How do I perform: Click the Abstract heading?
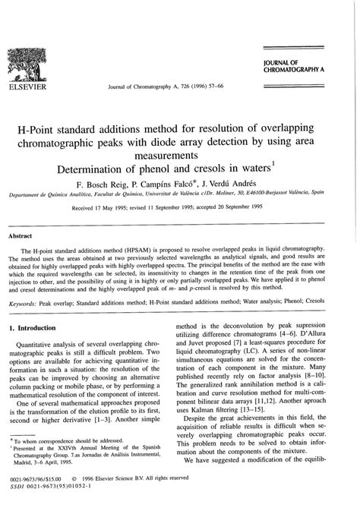pyautogui.click(x=21, y=236)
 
